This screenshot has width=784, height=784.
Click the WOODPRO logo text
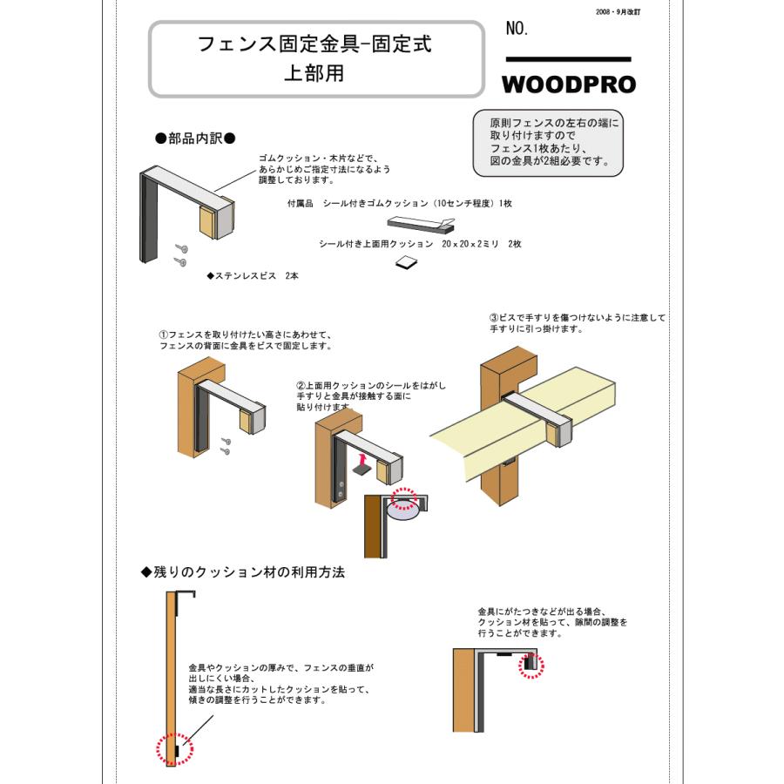click(568, 84)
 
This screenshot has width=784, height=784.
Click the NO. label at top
click(517, 30)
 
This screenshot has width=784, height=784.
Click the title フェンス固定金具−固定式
click(314, 44)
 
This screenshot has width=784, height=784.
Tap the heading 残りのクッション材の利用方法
click(243, 572)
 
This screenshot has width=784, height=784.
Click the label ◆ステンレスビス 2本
click(252, 275)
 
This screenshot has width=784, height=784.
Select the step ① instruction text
click(245, 340)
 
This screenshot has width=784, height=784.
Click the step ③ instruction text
click(577, 323)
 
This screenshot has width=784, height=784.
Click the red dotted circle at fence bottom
click(172, 749)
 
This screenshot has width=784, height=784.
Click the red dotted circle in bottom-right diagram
click(529, 666)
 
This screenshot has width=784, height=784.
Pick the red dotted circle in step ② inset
click(403, 497)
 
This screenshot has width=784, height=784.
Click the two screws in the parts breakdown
click(181, 254)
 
